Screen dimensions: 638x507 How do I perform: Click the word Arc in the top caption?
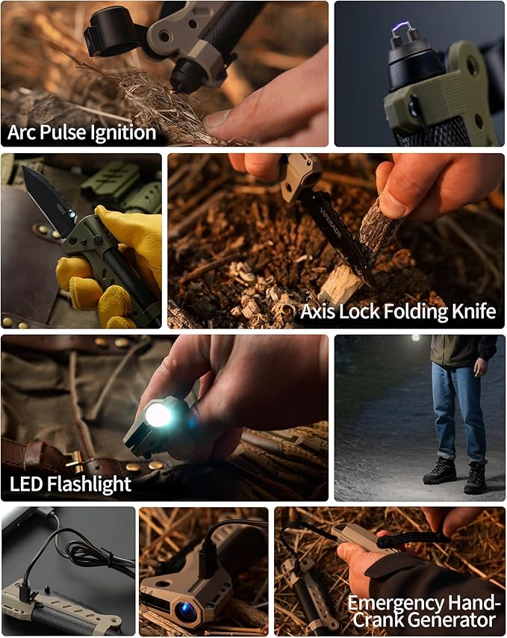pyautogui.click(x=22, y=133)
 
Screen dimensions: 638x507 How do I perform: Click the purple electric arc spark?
pyautogui.click(x=402, y=28)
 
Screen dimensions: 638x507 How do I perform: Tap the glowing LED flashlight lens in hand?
pyautogui.click(x=158, y=415)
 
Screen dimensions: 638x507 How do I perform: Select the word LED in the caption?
pyautogui.click(x=26, y=483)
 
